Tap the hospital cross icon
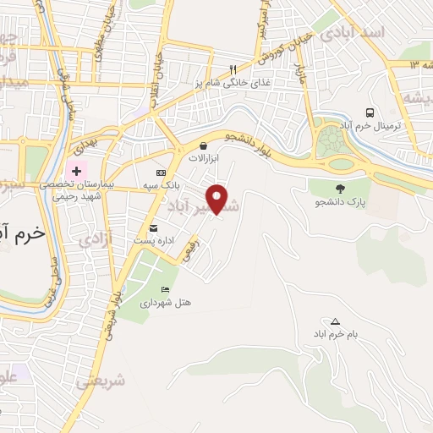[77, 171]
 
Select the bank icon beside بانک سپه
[161, 173]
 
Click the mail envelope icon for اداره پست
[153, 228]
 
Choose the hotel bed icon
[165, 290]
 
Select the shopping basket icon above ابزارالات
[203, 145]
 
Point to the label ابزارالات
[203, 159]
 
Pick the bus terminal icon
[370, 112]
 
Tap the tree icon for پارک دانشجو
[341, 189]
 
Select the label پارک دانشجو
[339, 203]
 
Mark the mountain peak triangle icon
[336, 321]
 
